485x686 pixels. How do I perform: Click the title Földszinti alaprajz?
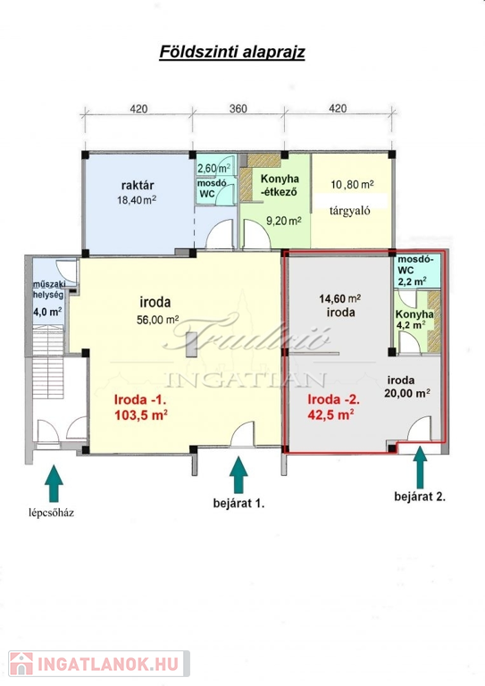coord(232,52)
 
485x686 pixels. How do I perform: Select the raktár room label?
coord(138,185)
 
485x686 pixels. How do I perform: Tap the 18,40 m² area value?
coord(137,200)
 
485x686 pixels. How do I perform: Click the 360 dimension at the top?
coord(238,108)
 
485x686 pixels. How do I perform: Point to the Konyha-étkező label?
coord(280,185)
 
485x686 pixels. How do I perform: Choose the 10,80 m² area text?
coord(352,184)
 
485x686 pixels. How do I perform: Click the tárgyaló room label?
coord(350,211)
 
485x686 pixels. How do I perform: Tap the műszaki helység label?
coord(48,289)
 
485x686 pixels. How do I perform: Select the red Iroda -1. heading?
coord(140,399)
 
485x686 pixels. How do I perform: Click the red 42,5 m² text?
coord(330,414)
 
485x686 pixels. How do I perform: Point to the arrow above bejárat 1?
coord(238,475)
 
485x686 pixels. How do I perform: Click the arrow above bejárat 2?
coord(420,467)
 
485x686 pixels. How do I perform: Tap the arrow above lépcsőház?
coord(54,483)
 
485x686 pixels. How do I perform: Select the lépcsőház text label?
coord(51,513)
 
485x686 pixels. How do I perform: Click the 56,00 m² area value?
coord(158,320)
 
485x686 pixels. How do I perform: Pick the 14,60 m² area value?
coord(339,299)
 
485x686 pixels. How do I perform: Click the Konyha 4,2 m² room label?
coord(414,320)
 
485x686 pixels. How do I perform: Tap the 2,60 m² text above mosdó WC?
coord(214,169)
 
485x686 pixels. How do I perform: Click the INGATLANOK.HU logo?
coord(99,664)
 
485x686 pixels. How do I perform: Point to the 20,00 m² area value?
coord(407,394)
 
